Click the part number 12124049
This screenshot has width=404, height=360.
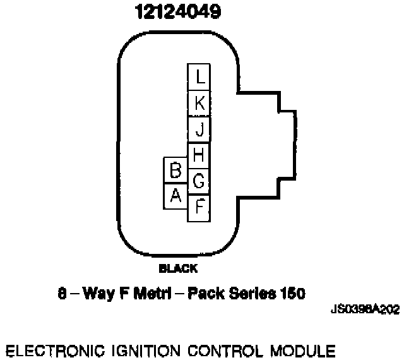[177, 13]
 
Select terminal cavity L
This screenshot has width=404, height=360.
[199, 77]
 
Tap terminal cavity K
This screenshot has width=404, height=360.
[199, 104]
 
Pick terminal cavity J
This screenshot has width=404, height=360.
[199, 130]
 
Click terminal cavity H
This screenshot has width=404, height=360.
[199, 155]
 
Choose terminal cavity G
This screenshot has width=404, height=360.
[199, 182]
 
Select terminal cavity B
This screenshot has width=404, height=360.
[176, 171]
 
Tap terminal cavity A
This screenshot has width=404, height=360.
[176, 196]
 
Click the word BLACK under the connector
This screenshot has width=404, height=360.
[177, 268]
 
